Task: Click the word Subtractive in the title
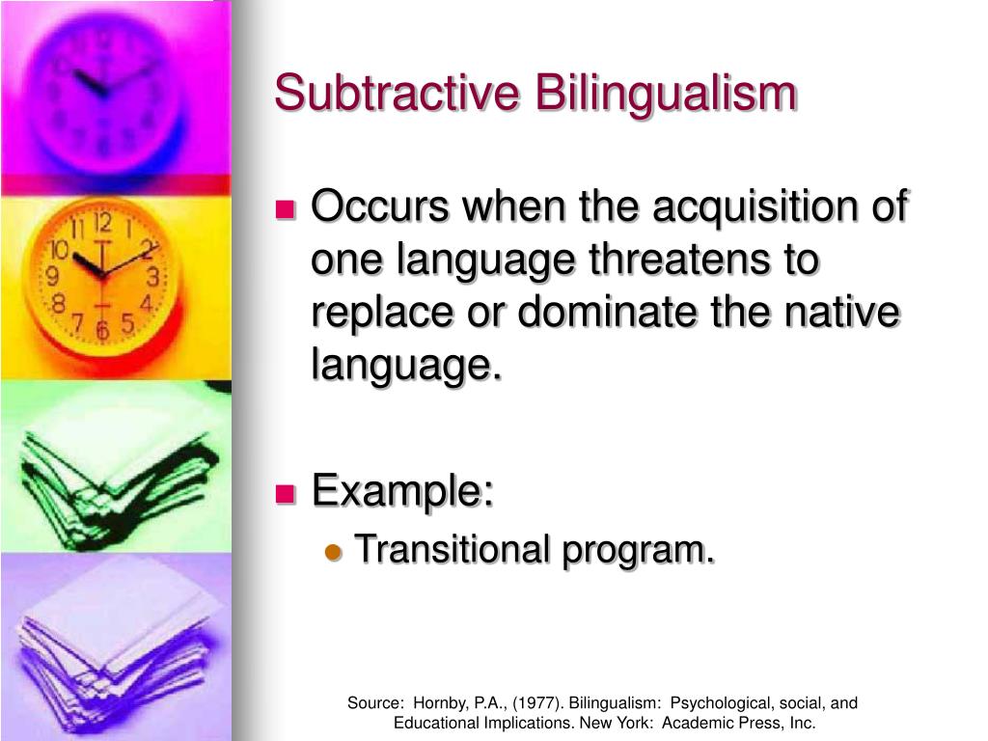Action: (x=397, y=94)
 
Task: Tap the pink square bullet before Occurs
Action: (x=286, y=208)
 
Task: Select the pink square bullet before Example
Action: (x=286, y=493)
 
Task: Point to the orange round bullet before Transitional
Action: (x=333, y=553)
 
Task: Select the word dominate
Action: (x=608, y=312)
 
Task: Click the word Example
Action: (x=402, y=491)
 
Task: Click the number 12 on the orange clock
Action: (x=103, y=223)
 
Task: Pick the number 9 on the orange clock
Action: (x=53, y=275)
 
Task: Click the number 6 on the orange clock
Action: (x=102, y=330)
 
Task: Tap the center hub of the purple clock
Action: (x=104, y=93)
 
